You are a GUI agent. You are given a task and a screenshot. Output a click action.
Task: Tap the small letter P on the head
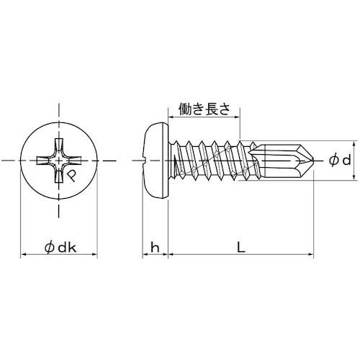pyautogui.click(x=72, y=174)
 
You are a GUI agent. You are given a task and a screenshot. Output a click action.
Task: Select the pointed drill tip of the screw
pyautogui.click(x=305, y=160)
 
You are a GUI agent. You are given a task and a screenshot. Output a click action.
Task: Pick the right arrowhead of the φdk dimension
pyautogui.click(x=96, y=254)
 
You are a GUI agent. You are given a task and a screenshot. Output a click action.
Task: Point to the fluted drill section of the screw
pyautogui.click(x=277, y=160)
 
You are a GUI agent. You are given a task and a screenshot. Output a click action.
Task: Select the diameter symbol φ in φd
pyautogui.click(x=332, y=161)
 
